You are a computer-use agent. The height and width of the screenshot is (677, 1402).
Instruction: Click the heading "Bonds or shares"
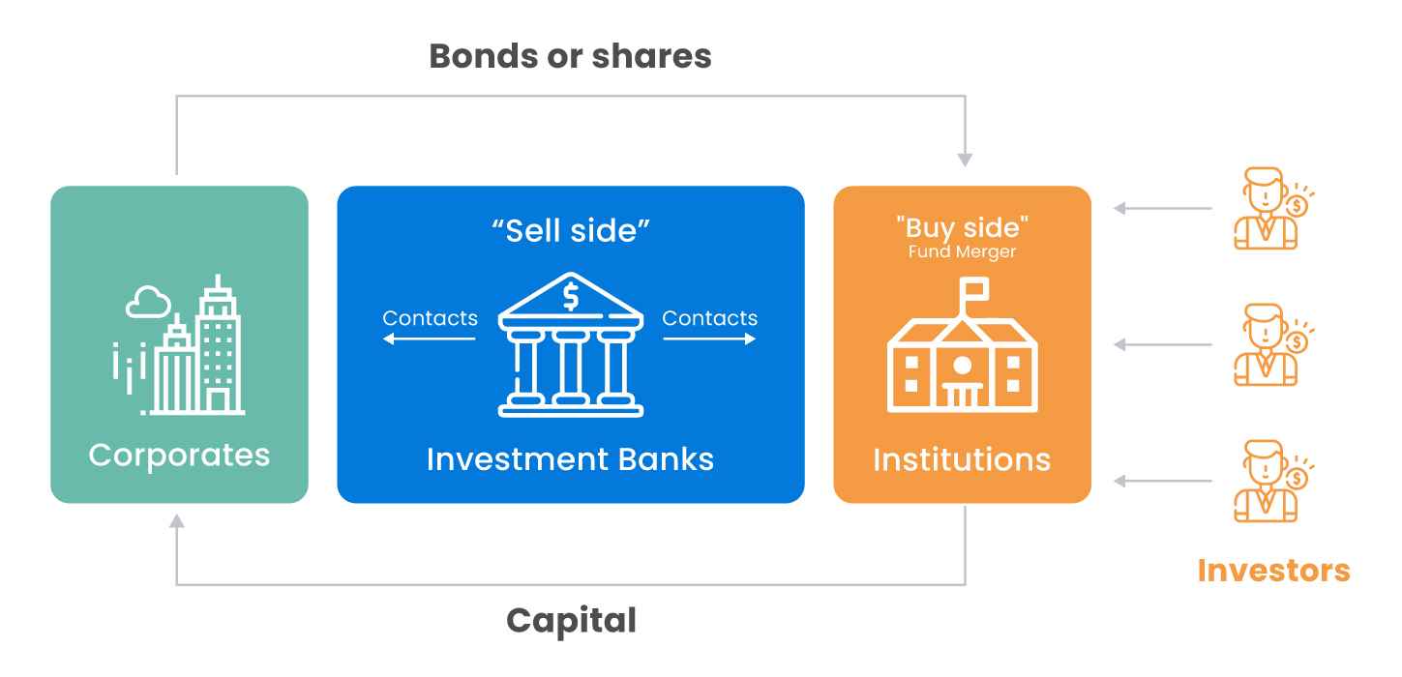tap(570, 56)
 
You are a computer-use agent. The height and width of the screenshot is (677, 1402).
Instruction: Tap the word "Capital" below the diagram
tap(571, 621)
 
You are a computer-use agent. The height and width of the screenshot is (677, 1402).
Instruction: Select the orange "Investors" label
tap(1273, 571)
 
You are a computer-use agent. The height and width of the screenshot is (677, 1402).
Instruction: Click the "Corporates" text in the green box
tap(179, 455)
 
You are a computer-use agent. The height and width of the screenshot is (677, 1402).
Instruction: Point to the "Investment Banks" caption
tap(570, 458)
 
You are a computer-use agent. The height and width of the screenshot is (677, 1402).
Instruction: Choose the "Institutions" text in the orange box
tap(962, 459)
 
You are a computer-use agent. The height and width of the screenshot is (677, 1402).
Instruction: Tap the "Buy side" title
tap(962, 228)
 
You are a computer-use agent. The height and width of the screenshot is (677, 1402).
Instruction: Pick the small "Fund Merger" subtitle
tap(962, 252)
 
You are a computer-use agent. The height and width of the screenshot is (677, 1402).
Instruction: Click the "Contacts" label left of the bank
tap(430, 318)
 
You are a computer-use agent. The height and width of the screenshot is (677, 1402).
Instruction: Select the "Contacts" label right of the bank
tap(710, 318)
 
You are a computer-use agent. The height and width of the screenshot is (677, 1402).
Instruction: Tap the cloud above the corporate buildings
tap(148, 304)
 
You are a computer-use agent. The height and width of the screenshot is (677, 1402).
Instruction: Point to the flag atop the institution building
tap(972, 288)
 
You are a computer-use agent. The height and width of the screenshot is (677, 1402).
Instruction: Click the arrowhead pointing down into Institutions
tap(965, 160)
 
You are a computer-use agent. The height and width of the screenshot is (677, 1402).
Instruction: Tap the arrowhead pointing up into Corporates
tap(176, 521)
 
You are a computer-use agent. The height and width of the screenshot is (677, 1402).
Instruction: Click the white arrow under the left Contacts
tap(430, 339)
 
